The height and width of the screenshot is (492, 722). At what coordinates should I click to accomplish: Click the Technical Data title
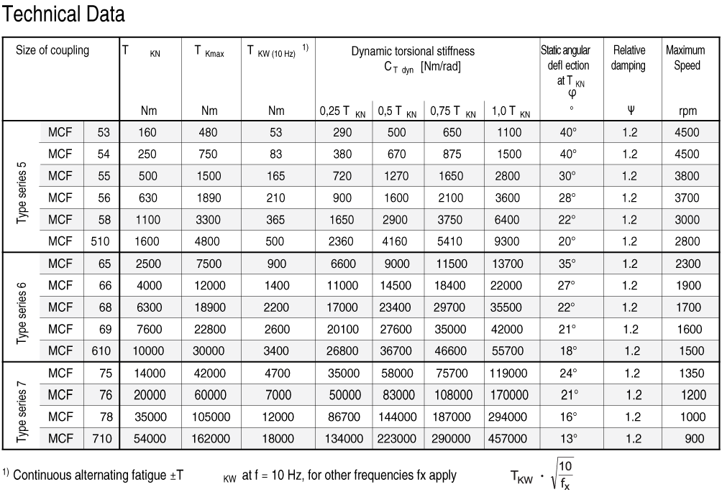click(x=65, y=14)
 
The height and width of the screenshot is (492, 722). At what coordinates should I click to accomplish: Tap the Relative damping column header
click(x=629, y=57)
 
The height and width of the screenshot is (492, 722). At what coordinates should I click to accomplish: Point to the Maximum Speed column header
click(x=685, y=57)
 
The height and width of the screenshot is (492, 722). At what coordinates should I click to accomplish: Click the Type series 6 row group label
click(x=22, y=307)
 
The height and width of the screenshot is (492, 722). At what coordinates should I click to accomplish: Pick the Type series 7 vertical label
click(x=22, y=406)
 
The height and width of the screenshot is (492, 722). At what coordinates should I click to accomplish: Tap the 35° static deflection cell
click(x=567, y=264)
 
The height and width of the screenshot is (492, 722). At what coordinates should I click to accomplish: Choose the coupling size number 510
click(x=101, y=242)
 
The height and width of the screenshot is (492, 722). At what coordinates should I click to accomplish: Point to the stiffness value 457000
click(x=511, y=438)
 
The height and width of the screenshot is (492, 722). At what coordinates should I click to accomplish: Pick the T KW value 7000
click(x=276, y=395)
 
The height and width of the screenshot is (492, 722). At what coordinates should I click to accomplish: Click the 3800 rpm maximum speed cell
click(x=688, y=177)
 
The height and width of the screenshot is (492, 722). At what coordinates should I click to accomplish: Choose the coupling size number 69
click(x=104, y=329)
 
